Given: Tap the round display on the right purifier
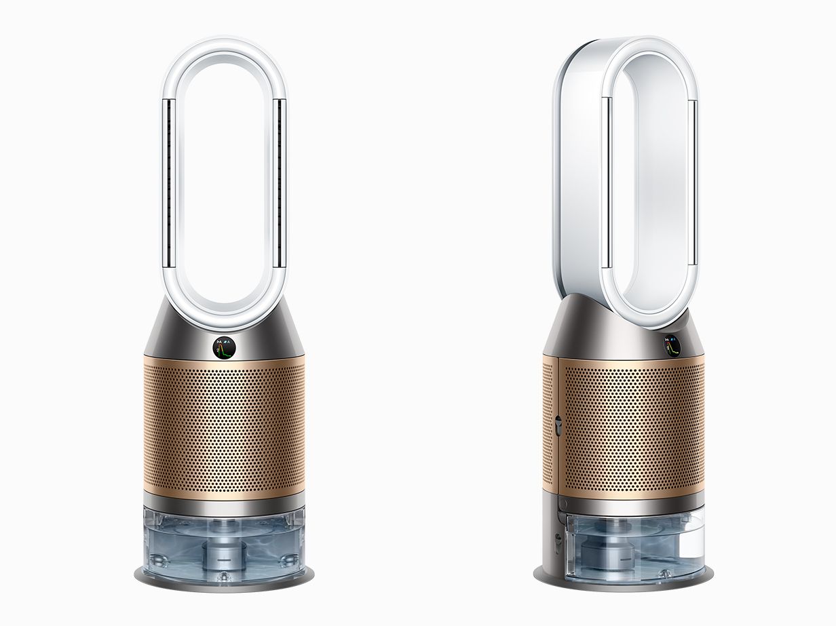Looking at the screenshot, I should coord(672,345).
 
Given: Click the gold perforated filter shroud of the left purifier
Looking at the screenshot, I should coord(223,427).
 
